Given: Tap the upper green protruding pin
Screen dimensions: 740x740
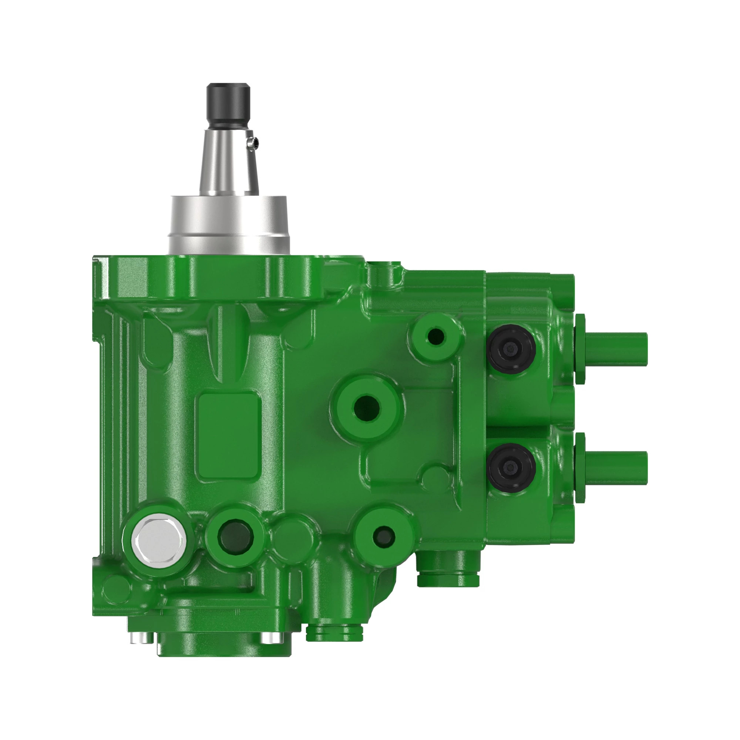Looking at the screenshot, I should (616, 349).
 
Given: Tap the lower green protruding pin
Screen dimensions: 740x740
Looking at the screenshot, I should (616, 468).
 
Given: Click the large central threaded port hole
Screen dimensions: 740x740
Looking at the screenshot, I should (367, 408).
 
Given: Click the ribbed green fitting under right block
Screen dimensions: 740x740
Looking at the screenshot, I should (448, 573).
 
